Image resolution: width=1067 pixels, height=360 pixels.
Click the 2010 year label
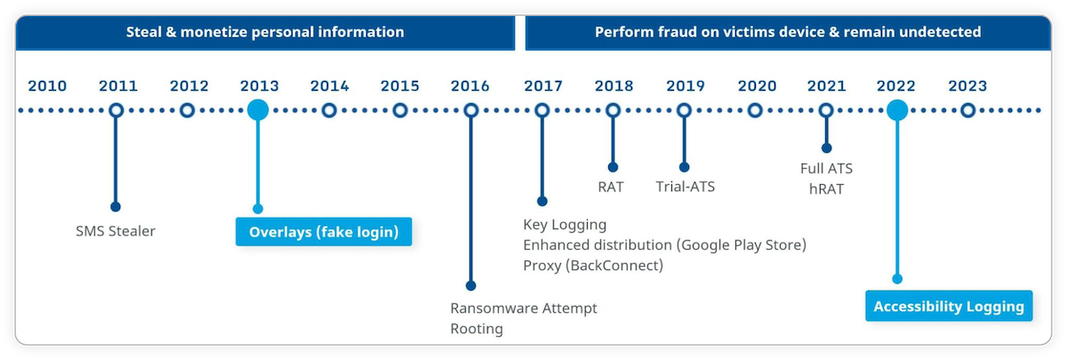(47, 86)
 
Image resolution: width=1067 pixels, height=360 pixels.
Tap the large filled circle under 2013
(258, 110)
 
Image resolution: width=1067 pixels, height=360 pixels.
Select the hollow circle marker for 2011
(116, 110)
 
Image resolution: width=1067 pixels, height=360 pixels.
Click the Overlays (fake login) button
(324, 232)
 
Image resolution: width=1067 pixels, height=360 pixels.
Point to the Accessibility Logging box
(949, 307)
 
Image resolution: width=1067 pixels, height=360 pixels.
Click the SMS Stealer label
(116, 231)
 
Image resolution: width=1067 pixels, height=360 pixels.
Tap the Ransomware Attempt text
(524, 308)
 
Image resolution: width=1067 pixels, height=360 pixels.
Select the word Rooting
(477, 329)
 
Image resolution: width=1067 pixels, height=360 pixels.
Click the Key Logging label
(565, 224)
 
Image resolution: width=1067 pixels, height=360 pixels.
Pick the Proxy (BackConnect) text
(593, 265)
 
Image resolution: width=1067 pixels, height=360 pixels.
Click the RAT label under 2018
(611, 187)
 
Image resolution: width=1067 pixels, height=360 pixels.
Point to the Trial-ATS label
(686, 187)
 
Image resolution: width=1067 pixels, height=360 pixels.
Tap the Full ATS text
(826, 168)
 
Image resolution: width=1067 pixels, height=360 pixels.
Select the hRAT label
(826, 188)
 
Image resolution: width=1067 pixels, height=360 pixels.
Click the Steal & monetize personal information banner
(265, 32)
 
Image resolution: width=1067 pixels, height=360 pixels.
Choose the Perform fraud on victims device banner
(788, 32)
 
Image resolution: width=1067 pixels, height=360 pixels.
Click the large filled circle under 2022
(897, 110)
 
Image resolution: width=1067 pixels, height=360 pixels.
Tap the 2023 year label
(967, 86)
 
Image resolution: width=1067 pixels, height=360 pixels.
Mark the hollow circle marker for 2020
(755, 110)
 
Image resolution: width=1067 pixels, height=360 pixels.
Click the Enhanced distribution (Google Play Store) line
(664, 244)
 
